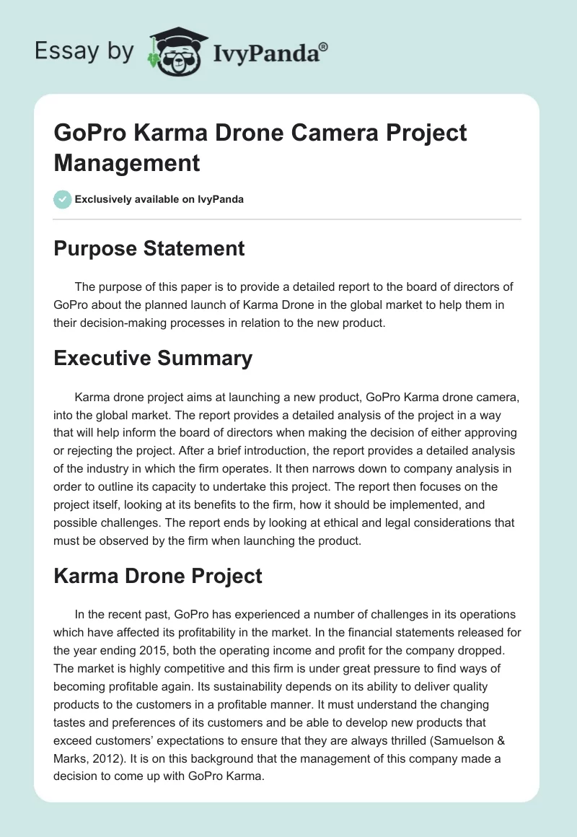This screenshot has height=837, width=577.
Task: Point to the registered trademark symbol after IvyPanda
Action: tap(324, 46)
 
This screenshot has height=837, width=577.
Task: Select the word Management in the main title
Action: tap(127, 163)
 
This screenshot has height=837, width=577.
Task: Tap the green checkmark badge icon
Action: tap(63, 199)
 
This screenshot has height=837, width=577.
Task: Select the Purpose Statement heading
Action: tap(149, 249)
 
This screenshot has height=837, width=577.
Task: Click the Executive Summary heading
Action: tap(153, 358)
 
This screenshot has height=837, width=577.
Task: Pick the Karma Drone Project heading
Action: tap(158, 577)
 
